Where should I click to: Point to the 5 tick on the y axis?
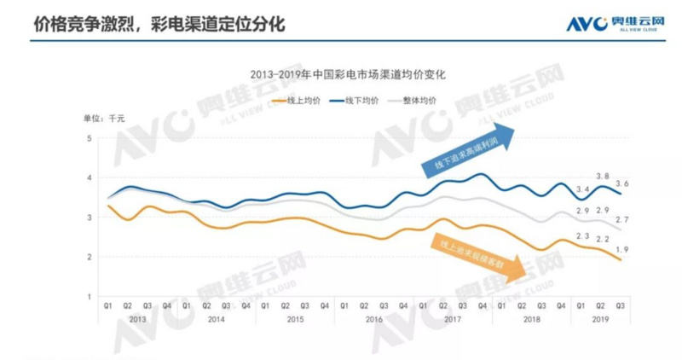[90, 137]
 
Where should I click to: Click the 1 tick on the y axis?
[90, 296]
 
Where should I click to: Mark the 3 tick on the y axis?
[90, 218]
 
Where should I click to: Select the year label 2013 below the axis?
[137, 318]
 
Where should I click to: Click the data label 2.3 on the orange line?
[582, 235]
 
